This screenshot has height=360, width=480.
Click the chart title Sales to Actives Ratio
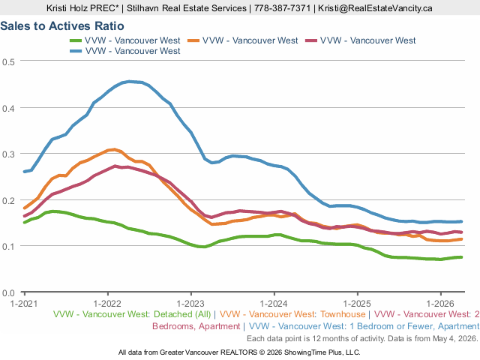pos(62,26)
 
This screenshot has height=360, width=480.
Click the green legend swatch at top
pos(76,40)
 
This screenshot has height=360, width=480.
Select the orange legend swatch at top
pos(193,40)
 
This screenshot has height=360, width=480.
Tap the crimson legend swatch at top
pos(311,40)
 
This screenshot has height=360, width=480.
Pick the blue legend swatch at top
pos(76,51)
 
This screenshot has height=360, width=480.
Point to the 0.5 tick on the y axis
pos(8,62)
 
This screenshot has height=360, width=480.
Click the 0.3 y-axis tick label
pos(8,154)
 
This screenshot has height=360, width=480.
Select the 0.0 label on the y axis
pos(8,293)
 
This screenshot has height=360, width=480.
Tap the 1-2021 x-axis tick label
pos(24,304)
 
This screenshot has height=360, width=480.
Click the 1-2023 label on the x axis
pos(190,304)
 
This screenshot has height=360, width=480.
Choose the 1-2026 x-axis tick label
pos(440,304)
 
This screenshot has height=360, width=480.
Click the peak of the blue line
pos(130,82)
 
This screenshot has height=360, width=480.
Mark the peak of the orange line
pos(115,149)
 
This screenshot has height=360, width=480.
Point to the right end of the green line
pos(461,257)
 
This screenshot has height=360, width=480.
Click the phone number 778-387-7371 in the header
pos(282,8)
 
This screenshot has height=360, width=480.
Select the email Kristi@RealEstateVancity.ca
pos(375,8)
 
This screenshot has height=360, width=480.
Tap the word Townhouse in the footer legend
pos(343,314)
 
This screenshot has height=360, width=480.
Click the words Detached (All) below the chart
pos(182,314)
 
